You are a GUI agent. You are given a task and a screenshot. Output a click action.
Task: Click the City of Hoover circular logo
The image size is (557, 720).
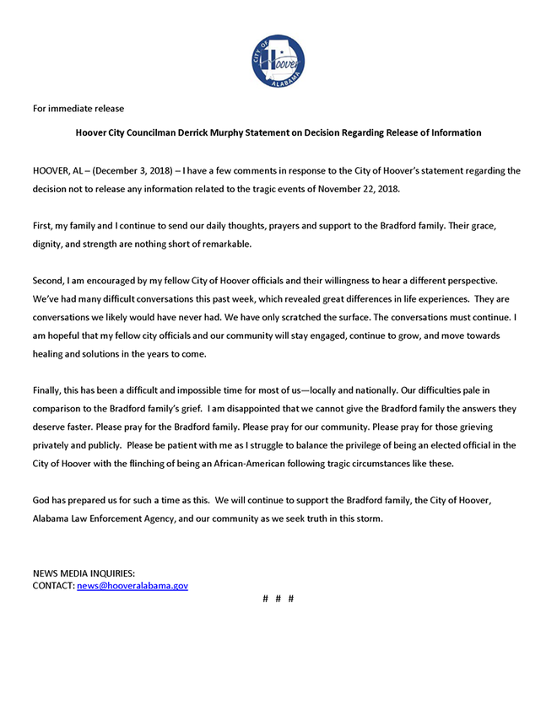point(278,62)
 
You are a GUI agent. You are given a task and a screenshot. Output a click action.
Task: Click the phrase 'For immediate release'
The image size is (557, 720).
point(78,109)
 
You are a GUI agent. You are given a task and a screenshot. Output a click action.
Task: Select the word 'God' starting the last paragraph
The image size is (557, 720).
point(42,501)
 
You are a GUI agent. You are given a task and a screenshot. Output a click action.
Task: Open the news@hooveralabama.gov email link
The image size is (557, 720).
point(132,585)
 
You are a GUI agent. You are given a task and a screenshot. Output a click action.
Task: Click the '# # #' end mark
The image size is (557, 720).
point(278,599)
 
